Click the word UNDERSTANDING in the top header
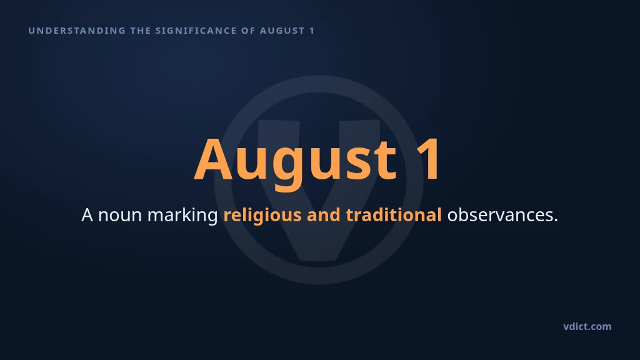coord(77,31)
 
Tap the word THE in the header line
coord(141,31)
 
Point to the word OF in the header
coord(248,31)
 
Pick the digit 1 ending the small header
coord(312,31)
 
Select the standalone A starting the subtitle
coord(87,215)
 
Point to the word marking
coord(182,216)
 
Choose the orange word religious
coord(262,216)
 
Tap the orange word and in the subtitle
coord(323,215)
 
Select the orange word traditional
coord(394,215)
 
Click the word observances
coord(499,215)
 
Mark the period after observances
coord(556,221)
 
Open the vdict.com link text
coord(587,326)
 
